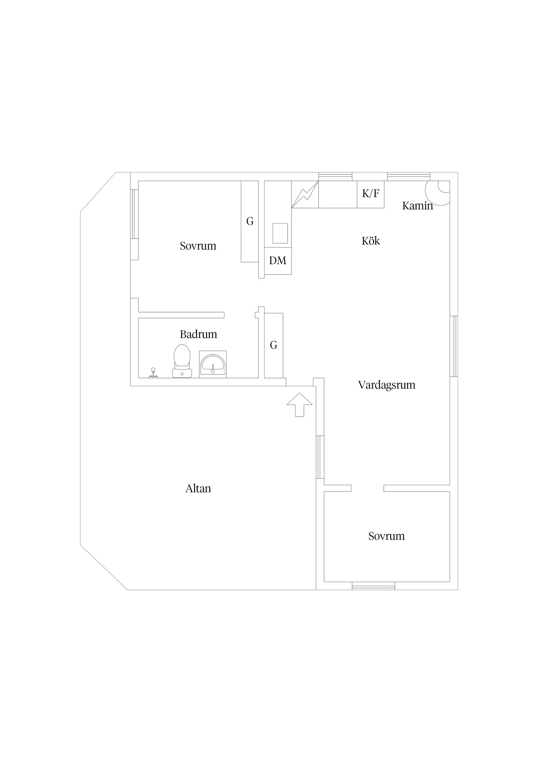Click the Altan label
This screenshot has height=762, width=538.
point(198,488)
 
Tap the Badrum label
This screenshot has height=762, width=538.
point(198,334)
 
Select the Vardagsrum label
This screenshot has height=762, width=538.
point(386,385)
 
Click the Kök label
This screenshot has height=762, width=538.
point(371,241)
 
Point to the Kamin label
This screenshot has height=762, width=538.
point(417,206)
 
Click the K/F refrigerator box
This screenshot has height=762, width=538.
point(371,194)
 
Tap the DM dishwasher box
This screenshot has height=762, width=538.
point(278,261)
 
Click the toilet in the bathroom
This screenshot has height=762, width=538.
point(182,361)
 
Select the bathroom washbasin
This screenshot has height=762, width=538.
point(213,364)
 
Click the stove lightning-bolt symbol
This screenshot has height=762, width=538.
point(305,195)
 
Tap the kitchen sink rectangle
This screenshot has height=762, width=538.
point(280,233)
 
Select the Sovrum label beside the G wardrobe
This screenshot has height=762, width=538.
point(198,246)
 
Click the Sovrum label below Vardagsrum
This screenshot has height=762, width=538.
point(386,536)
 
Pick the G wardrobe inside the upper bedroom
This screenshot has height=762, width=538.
point(250,221)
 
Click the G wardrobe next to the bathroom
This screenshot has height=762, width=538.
point(274,345)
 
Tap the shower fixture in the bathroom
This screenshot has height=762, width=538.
point(153,373)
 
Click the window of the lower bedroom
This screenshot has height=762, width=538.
point(373,586)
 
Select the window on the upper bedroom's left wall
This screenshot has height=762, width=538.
point(134,214)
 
